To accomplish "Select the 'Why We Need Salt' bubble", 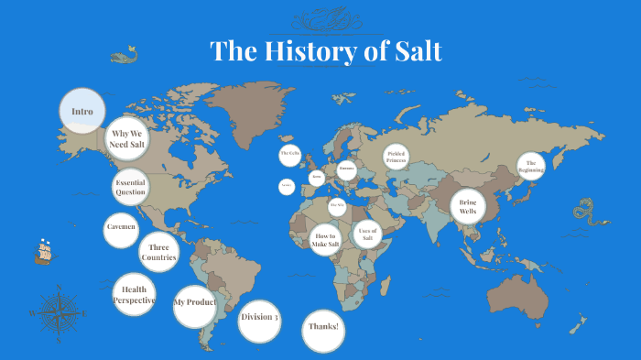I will coord(126,139).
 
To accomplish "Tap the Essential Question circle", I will coord(130,188).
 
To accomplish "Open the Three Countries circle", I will coord(158,252).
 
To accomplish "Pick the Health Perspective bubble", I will coord(135,295).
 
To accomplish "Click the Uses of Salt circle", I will coord(367,235).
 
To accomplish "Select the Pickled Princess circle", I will coord(396,157).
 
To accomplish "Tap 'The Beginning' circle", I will coord(530,167).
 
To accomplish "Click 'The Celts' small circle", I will coord(290,155).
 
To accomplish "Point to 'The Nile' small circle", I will coord(336,206).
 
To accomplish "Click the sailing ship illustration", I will coord(43,251).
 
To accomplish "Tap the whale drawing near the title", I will coord(124,57).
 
